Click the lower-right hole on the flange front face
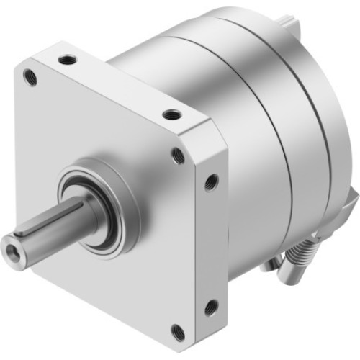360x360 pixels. (178, 330)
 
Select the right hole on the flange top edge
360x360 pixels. (171, 114)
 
